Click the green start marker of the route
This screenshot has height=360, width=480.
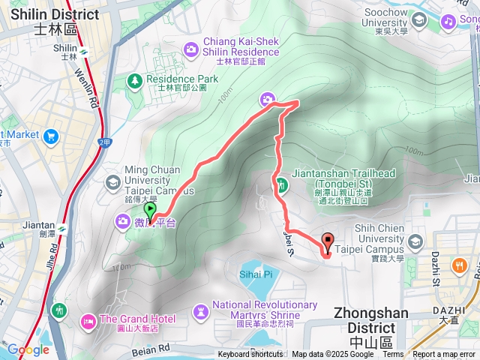tap(150, 211)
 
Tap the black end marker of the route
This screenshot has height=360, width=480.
tap(328, 241)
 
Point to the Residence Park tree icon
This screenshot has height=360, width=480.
tap(135, 79)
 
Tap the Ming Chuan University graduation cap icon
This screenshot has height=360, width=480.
tap(112, 181)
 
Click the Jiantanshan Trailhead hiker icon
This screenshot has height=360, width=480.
tap(281, 184)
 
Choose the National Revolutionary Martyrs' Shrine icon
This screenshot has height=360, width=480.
tap(201, 310)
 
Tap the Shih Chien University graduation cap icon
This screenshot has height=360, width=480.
tap(416, 241)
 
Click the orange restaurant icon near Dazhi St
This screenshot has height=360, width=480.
tap(457, 265)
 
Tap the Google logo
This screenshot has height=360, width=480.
tap(28, 349)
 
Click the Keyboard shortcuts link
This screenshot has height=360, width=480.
tap(250, 355)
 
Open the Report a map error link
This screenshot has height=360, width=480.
tap(444, 355)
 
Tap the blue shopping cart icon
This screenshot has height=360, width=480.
tap(51, 136)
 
